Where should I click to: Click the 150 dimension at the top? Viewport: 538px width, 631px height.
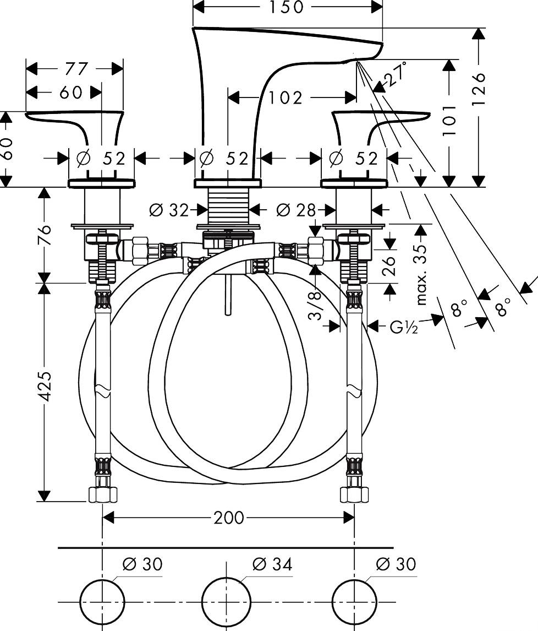click(287, 7)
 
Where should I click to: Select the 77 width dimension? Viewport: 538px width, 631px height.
click(75, 69)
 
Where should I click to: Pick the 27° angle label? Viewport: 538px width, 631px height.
click(396, 76)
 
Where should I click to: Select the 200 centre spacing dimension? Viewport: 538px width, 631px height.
click(228, 518)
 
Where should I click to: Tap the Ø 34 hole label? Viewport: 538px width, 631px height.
click(272, 564)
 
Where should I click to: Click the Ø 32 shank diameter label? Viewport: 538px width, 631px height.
click(169, 210)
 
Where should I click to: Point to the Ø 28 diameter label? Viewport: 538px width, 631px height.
click(296, 210)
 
